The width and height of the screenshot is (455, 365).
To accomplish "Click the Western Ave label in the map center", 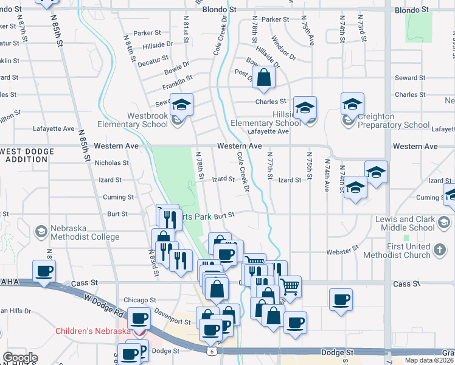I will pyautogui.click(x=240, y=147).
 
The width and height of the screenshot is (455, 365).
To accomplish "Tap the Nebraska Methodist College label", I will pyautogui.click(x=85, y=232).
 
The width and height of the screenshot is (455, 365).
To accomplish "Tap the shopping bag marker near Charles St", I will pyautogui.click(x=263, y=78).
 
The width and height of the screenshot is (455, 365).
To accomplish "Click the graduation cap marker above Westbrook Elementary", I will pyautogui.click(x=181, y=105).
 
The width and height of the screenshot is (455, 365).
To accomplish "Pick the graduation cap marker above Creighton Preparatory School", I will pyautogui.click(x=352, y=104).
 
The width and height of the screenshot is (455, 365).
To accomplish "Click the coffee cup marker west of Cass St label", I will pyautogui.click(x=45, y=271).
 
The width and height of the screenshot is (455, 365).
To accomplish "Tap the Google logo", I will pyautogui.click(x=20, y=358).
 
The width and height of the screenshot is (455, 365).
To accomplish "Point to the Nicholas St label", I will pyautogui.click(x=112, y=163).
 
